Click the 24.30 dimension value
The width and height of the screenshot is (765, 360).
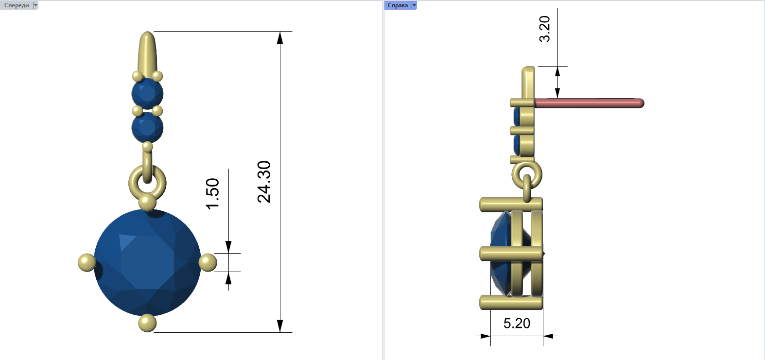(x=264, y=182)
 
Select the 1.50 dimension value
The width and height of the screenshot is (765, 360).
(x=212, y=193)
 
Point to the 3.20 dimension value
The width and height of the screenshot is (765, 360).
(x=545, y=29)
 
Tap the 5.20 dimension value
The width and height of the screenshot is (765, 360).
(x=517, y=323)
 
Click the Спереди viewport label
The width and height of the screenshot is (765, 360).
(x=17, y=5)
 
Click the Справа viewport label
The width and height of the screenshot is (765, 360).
(x=398, y=5)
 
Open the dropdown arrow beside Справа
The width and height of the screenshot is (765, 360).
(x=414, y=5)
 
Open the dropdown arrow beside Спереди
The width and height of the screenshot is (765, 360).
(x=35, y=5)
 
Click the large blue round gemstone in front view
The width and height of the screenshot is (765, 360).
(x=148, y=262)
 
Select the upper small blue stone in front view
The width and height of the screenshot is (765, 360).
(x=148, y=93)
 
